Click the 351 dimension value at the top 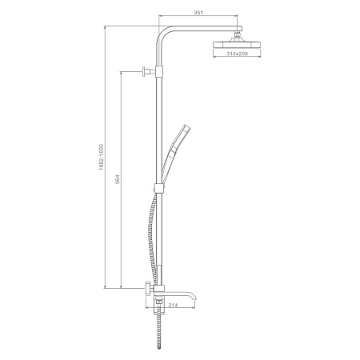click(x=198, y=13)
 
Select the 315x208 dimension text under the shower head click(x=238, y=54)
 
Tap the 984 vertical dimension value click(x=118, y=179)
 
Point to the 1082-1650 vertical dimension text click(x=101, y=158)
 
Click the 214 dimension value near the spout click(x=174, y=305)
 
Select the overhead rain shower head click(x=237, y=44)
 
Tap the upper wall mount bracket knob click(x=146, y=71)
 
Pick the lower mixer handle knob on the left click(x=148, y=289)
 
